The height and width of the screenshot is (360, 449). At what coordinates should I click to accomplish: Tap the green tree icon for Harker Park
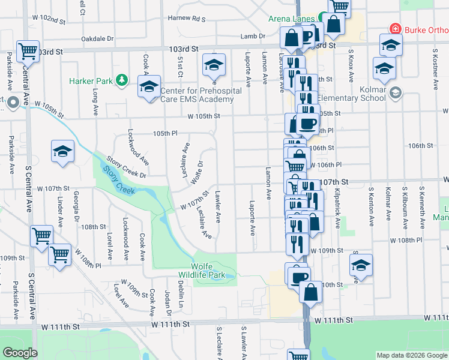[122, 80]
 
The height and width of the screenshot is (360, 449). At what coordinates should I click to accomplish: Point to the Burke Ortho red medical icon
[395, 28]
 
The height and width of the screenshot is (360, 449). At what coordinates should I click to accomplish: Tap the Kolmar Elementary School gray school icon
[394, 92]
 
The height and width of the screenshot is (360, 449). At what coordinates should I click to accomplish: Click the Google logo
[20, 353]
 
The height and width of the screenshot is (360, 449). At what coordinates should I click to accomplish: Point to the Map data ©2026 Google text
[411, 355]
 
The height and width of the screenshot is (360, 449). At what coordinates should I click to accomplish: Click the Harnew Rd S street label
[187, 19]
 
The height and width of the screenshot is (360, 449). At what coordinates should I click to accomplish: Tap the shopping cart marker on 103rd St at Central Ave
[28, 52]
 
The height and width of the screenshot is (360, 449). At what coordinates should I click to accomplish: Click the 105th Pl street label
[166, 133]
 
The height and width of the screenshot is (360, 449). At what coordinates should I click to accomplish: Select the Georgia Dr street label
[76, 208]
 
